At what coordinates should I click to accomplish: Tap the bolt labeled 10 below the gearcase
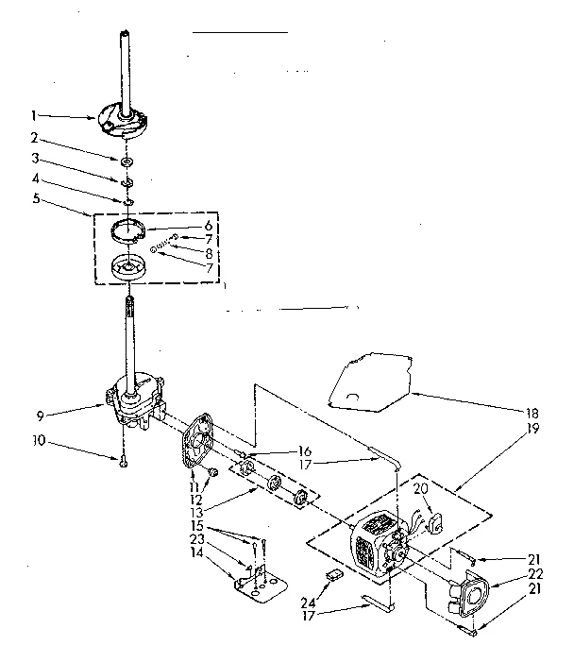(124, 460)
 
